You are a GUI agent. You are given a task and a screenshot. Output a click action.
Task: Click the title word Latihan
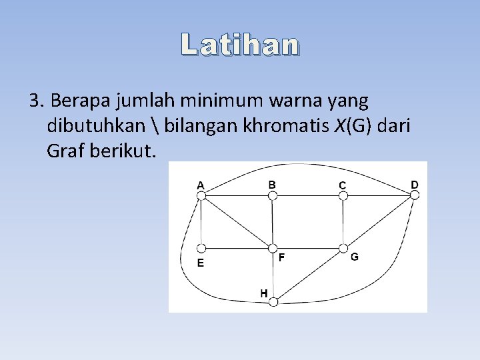[240, 45]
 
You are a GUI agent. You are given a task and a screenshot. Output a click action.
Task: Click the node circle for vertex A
[201, 195]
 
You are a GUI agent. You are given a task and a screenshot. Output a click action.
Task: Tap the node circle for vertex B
[272, 195]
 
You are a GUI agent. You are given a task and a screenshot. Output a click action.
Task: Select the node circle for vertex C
[343, 195]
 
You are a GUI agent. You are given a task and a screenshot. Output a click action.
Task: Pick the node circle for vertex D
[414, 195]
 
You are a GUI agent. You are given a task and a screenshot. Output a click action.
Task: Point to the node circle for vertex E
[201, 249]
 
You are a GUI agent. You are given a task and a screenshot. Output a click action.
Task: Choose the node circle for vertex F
[272, 249]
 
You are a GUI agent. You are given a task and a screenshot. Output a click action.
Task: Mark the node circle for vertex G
[343, 249]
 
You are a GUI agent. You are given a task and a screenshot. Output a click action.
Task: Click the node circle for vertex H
[272, 302]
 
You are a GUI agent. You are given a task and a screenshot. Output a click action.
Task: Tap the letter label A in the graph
[200, 184]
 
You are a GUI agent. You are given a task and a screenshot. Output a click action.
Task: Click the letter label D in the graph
[415, 184]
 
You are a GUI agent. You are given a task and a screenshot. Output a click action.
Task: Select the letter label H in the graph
[264, 293]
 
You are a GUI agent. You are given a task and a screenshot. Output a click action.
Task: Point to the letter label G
[354, 257]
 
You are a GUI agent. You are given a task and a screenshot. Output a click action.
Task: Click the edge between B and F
[272, 222]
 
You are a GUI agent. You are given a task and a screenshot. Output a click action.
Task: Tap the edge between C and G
[343, 222]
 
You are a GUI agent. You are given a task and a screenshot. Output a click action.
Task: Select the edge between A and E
[201, 222]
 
